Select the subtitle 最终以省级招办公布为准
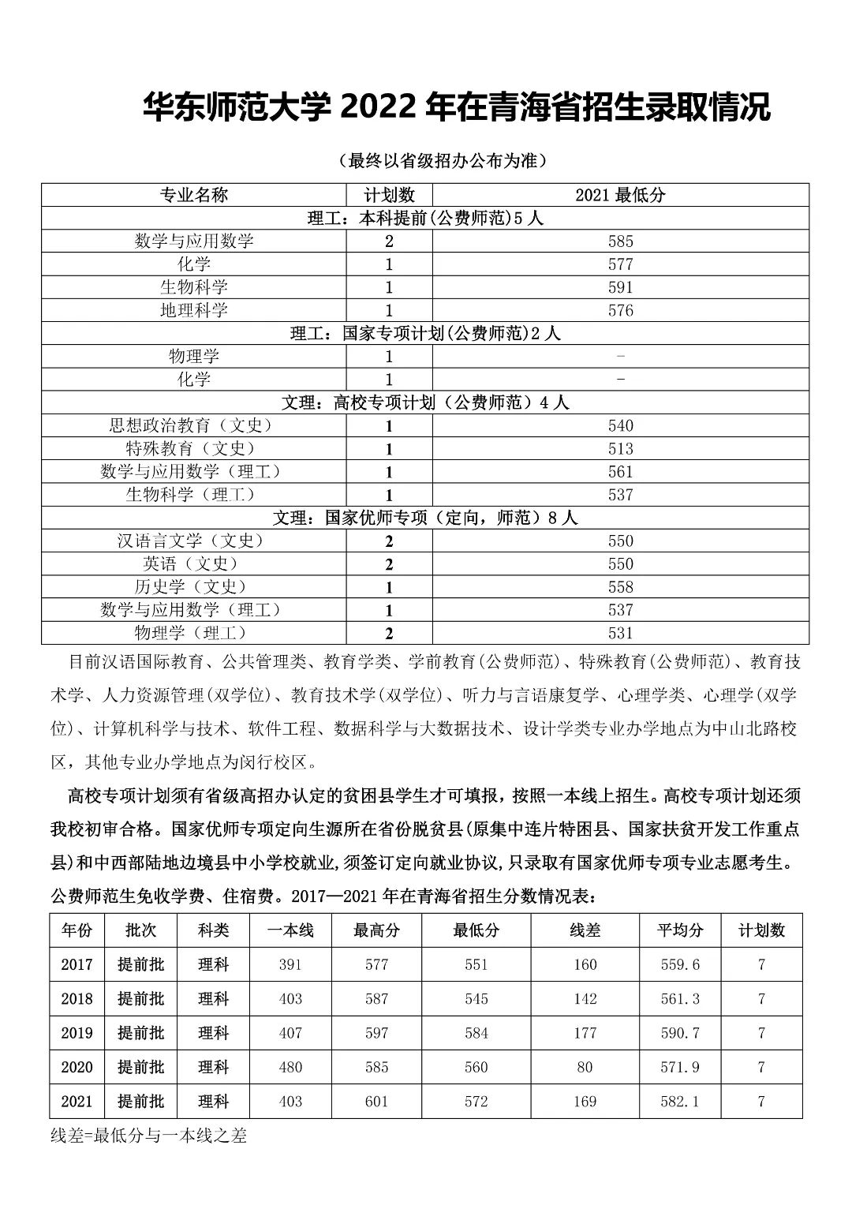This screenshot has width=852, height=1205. coord(443,161)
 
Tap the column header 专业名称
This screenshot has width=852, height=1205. coord(194,195)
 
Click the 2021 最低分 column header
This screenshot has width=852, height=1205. coord(620,195)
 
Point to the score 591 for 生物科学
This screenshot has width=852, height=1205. coord(620,287)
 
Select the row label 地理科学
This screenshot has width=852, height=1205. coord(194,310)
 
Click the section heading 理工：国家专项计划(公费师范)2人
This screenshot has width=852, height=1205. coord(425,333)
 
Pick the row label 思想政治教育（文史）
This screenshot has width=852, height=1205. coord(194,425)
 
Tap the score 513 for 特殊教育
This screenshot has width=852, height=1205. coord(620,449)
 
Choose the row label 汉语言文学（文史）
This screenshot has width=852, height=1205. coord(194,541)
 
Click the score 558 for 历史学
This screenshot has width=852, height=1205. coord(620,587)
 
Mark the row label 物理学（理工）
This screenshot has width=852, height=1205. coord(194,633)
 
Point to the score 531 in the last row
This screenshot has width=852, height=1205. coord(620,633)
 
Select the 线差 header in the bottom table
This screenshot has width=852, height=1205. coord(585,930)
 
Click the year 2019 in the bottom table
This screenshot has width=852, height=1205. coord(77,1033)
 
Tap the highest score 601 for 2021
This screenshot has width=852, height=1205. coord(376,1102)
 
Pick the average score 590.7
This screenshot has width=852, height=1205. coord(679,1033)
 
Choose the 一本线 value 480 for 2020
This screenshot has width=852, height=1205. coord(290,1067)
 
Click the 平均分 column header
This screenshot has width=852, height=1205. coord(679,930)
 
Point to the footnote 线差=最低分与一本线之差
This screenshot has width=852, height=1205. coord(149,1136)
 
